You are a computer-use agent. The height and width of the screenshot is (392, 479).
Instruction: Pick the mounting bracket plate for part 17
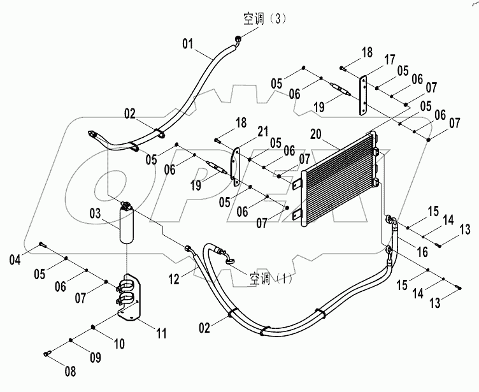click(364, 96)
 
